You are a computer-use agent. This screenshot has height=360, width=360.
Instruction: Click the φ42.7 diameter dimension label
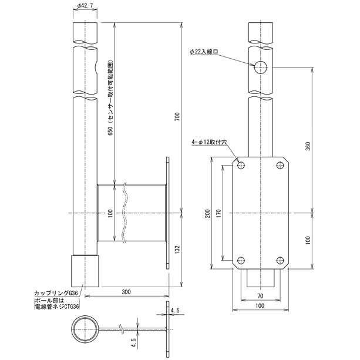(x=85, y=5)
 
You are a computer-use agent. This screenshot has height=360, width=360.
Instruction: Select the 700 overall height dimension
(x=178, y=117)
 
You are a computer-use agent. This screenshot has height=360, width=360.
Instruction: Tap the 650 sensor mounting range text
(x=110, y=98)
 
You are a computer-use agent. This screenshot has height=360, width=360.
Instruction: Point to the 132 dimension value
(x=177, y=250)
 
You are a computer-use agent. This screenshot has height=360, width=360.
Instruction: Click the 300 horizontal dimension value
(x=126, y=292)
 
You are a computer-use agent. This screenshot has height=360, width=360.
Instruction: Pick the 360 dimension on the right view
(x=308, y=146)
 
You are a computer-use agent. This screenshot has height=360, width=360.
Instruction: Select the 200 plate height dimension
(x=207, y=214)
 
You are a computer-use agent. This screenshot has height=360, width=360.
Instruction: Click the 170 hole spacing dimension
(x=218, y=214)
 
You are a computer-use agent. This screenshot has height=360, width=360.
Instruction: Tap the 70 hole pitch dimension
(x=260, y=296)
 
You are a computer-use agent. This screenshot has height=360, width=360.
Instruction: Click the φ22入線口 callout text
(x=204, y=52)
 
